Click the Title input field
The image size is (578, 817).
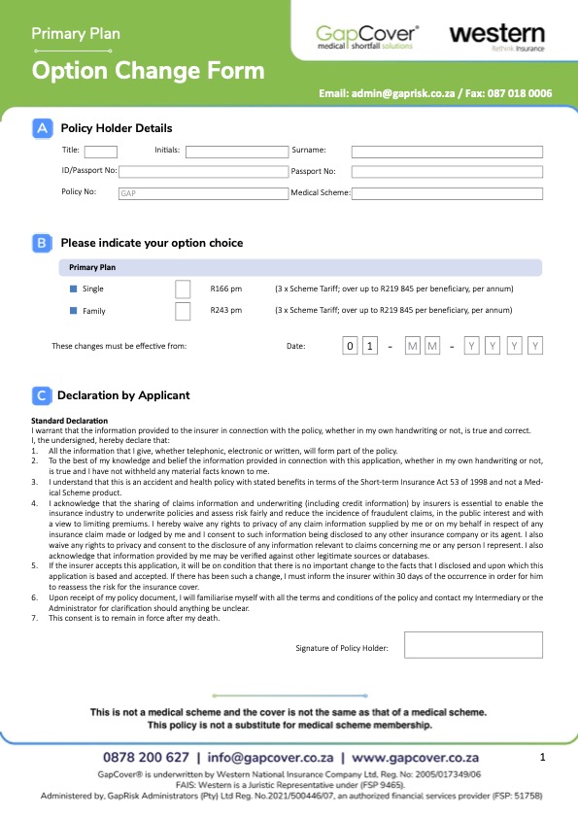(101, 152)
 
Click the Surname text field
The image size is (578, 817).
(447, 152)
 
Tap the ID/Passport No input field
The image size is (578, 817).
(202, 172)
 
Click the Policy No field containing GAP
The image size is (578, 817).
(202, 193)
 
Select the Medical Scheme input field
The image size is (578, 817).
(447, 193)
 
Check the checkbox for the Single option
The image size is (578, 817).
(183, 289)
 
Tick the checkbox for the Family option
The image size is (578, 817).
(183, 311)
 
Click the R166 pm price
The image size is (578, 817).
(225, 289)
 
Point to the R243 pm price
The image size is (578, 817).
(225, 311)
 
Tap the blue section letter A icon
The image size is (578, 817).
(42, 128)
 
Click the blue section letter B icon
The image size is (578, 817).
(42, 243)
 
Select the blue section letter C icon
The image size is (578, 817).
(42, 395)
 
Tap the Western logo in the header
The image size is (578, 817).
(495, 37)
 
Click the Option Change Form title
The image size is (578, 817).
(148, 71)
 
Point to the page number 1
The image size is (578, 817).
(543, 756)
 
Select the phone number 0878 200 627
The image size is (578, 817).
(146, 757)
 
